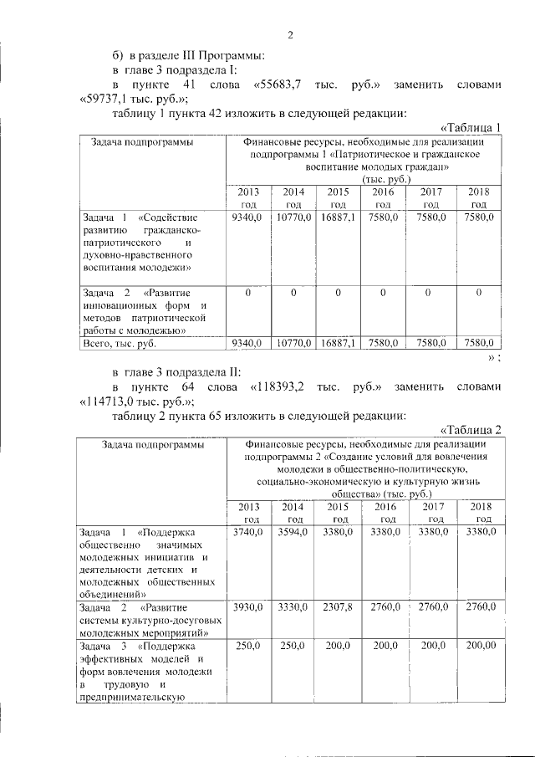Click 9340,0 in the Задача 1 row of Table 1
(247, 217)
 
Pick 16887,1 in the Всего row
(338, 342)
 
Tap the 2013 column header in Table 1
(249, 197)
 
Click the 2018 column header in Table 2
(479, 513)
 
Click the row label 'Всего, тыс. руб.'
(120, 343)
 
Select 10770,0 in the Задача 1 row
(293, 217)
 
